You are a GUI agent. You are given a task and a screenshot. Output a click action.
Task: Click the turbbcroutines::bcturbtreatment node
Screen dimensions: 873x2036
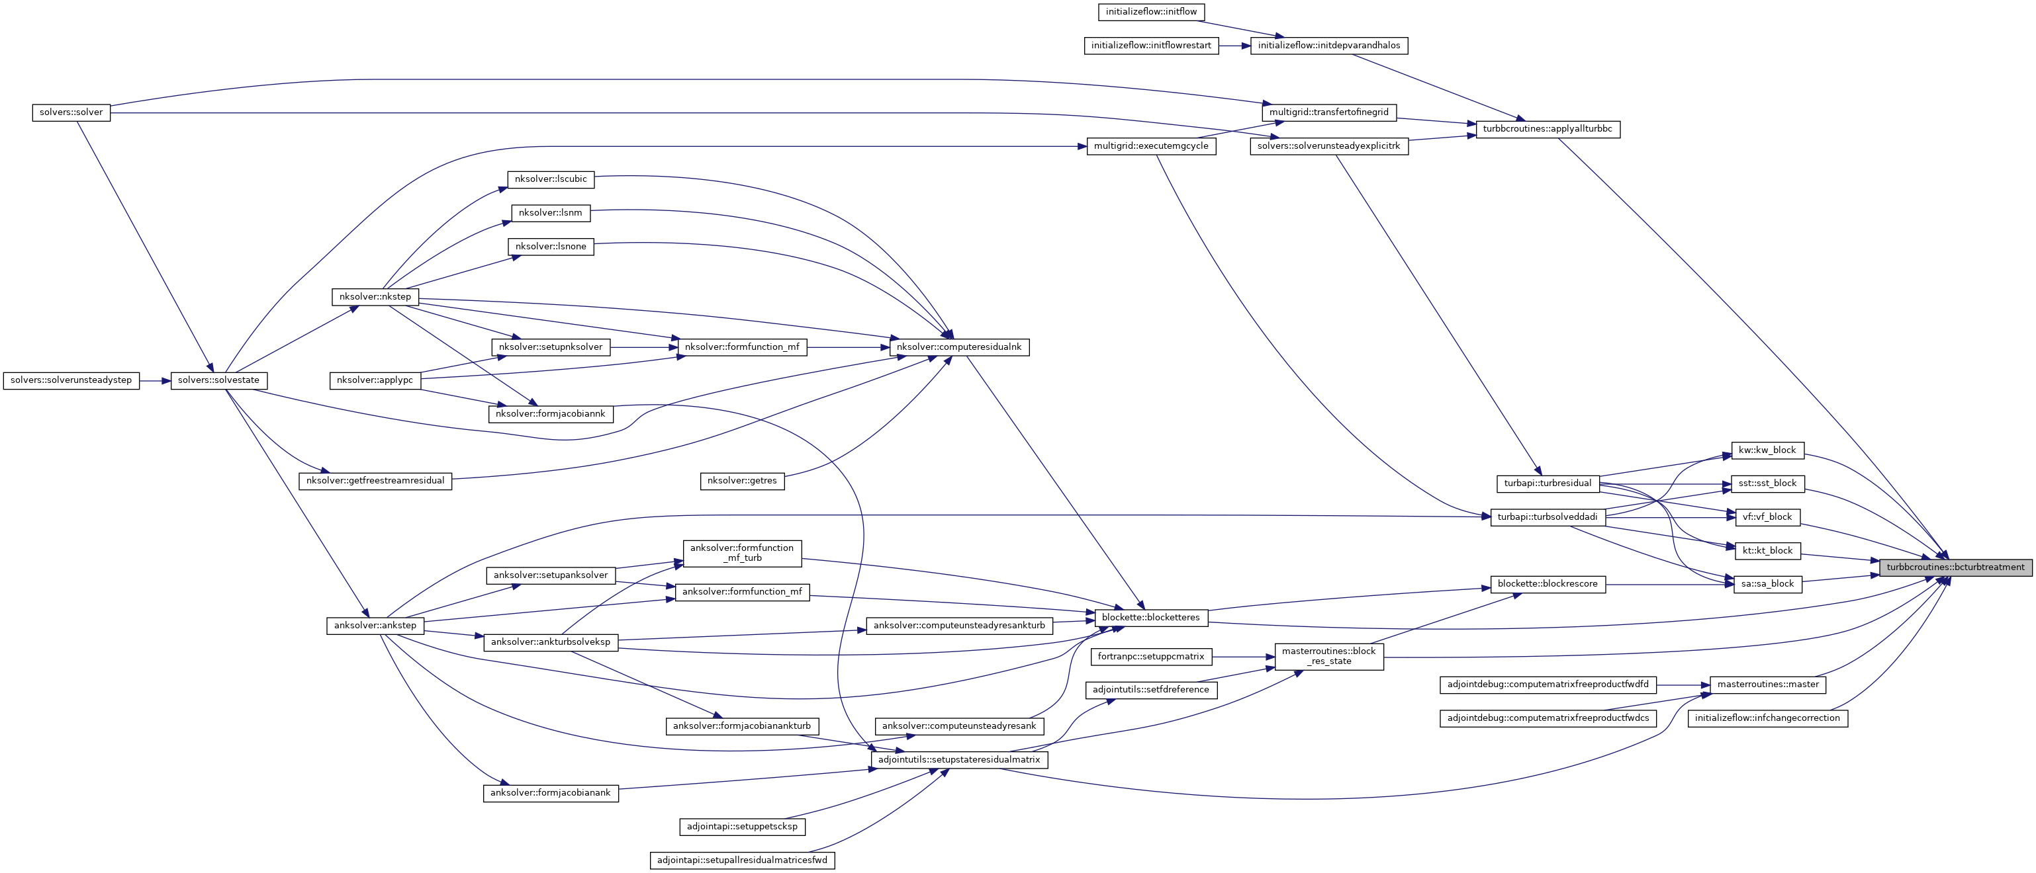pos(1955,567)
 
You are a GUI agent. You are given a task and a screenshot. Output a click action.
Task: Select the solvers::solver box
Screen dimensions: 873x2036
pos(71,112)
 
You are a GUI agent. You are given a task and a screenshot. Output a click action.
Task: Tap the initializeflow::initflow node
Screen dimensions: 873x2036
pos(1152,12)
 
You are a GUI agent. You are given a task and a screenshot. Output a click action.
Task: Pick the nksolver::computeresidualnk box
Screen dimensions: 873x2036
pos(958,347)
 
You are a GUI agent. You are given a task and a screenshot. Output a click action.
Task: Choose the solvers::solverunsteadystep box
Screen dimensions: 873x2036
pos(71,381)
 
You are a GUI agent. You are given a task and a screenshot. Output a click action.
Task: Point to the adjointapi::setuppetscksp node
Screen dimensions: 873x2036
pos(742,827)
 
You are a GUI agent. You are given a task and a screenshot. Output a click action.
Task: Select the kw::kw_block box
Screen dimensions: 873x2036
pos(1767,450)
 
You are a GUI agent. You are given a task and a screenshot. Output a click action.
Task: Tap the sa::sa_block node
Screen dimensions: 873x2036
pos(1767,584)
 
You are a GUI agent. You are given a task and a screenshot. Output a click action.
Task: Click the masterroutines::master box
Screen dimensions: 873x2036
pos(1767,684)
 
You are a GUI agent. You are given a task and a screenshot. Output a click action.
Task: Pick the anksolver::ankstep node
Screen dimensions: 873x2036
pos(375,626)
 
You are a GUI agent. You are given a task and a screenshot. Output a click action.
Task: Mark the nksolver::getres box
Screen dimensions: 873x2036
pos(742,480)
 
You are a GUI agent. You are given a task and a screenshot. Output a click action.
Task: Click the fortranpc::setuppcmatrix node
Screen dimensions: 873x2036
pos(1151,657)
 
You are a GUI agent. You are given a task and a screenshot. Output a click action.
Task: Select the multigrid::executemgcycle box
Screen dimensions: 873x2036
pos(1151,146)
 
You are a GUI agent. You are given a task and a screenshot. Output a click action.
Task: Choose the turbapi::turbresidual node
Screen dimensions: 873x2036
pos(1548,483)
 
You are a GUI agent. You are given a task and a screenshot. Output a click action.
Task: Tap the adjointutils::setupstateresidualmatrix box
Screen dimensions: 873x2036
pos(958,760)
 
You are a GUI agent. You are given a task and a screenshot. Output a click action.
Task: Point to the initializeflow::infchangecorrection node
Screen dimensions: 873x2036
pos(1767,718)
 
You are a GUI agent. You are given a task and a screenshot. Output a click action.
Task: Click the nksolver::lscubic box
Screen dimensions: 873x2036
pos(551,179)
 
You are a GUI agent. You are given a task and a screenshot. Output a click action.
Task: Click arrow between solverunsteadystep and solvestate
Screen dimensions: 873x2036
pos(155,381)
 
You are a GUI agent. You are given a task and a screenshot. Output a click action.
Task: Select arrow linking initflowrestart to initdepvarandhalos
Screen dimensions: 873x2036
pos(1234,46)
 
